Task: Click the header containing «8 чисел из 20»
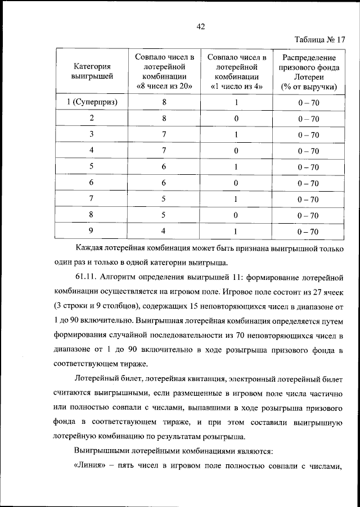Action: pos(164,71)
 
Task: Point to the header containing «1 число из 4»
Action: pos(236,71)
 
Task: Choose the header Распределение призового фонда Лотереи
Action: pos(309,71)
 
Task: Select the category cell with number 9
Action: pos(91,230)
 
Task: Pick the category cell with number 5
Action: pos(91,166)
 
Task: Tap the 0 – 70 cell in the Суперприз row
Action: pos(309,103)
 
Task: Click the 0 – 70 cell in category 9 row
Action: pos(309,231)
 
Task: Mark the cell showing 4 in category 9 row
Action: pos(164,230)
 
